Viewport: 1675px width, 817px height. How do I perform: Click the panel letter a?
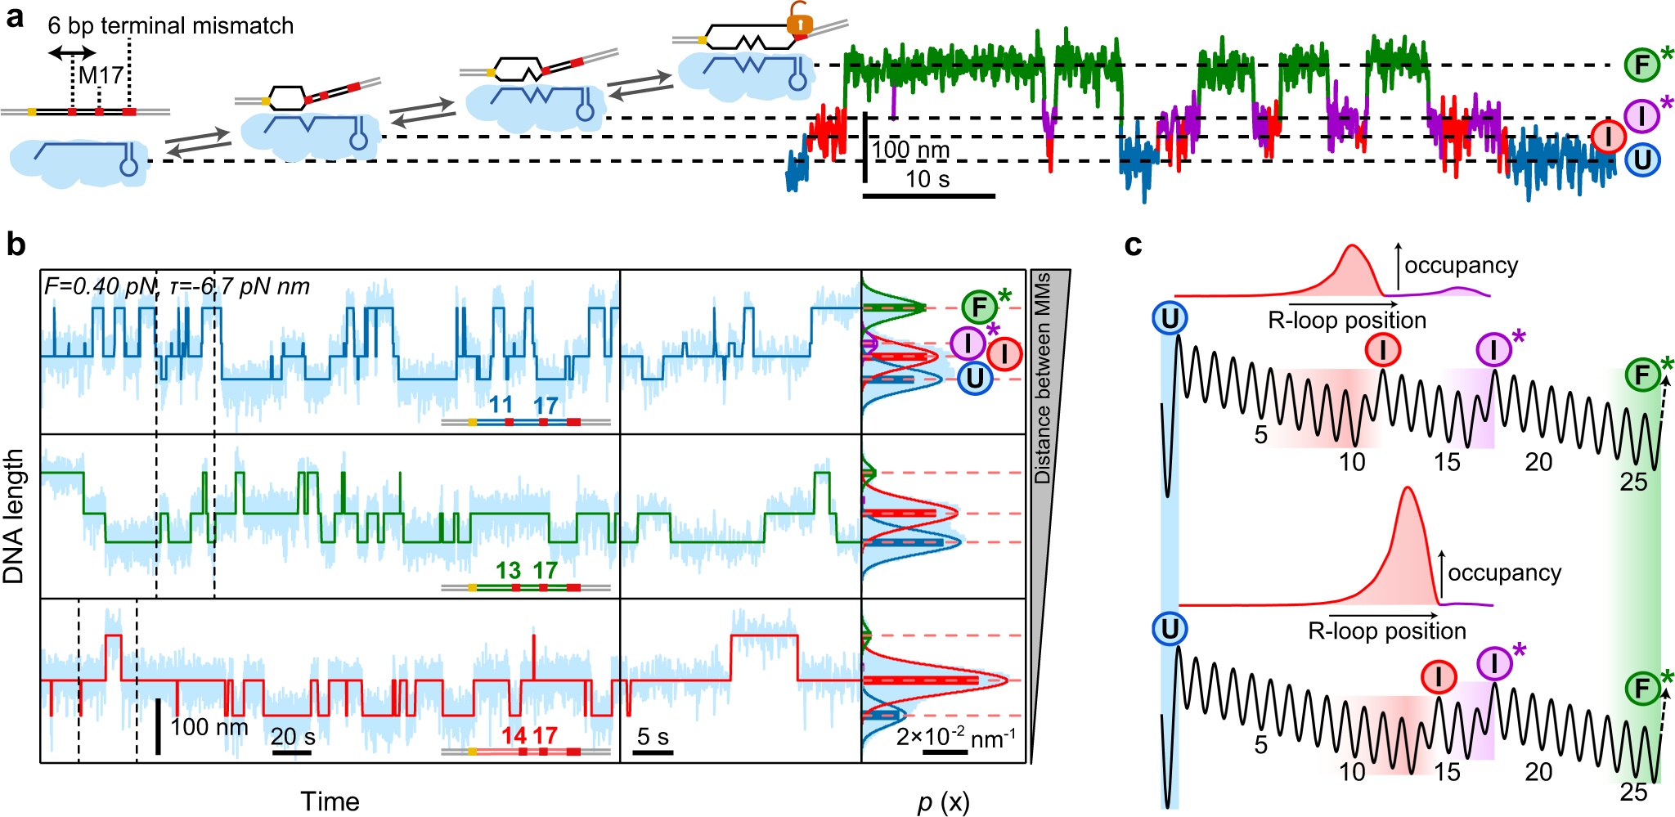point(15,18)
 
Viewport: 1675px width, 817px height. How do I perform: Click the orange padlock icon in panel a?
point(799,21)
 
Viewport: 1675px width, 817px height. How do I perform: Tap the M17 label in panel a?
point(101,76)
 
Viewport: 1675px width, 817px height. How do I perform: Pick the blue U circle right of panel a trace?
point(1642,159)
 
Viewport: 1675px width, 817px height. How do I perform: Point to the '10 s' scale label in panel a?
point(927,179)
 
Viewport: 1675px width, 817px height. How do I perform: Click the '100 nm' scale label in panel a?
point(910,150)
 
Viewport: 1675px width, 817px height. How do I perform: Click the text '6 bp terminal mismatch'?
point(170,25)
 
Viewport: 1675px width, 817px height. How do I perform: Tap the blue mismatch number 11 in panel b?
point(501,404)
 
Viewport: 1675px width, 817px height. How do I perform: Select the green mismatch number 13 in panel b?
point(508,570)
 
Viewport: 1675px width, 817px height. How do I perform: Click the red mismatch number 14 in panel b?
point(514,735)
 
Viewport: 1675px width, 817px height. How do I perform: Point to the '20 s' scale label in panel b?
point(293,737)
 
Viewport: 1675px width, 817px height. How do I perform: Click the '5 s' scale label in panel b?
point(653,737)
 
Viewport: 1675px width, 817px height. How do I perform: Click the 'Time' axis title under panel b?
point(330,801)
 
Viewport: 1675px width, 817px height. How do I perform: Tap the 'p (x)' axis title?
point(943,802)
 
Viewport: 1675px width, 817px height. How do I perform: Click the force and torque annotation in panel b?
point(177,286)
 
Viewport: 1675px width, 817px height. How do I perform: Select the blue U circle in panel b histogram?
point(974,378)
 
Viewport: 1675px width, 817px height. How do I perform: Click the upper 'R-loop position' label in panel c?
point(1346,320)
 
